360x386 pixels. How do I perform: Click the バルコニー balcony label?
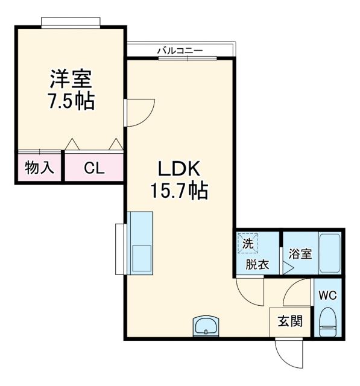coord(180,51)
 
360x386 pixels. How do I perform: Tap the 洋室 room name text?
coord(71,79)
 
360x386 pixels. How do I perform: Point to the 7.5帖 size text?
coord(71,101)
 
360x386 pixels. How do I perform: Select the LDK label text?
coord(178,169)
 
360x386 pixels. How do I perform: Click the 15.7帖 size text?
coord(178,192)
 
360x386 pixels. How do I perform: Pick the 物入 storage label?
coord(39,167)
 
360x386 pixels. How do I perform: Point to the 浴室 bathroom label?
coord(300,253)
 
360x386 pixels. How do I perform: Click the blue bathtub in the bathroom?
coord(329,253)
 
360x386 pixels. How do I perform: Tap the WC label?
coord(327,296)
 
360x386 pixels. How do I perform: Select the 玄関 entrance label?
coord(286,320)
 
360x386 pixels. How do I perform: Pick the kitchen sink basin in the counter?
coord(142,258)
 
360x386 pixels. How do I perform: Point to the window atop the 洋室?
coord(71,22)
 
